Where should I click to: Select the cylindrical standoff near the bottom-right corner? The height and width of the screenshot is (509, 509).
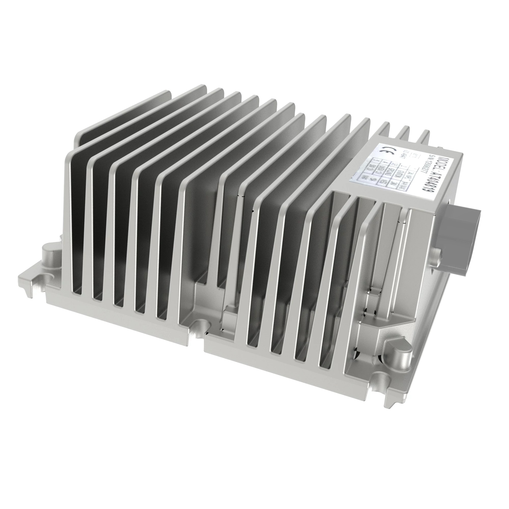click(400, 353)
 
